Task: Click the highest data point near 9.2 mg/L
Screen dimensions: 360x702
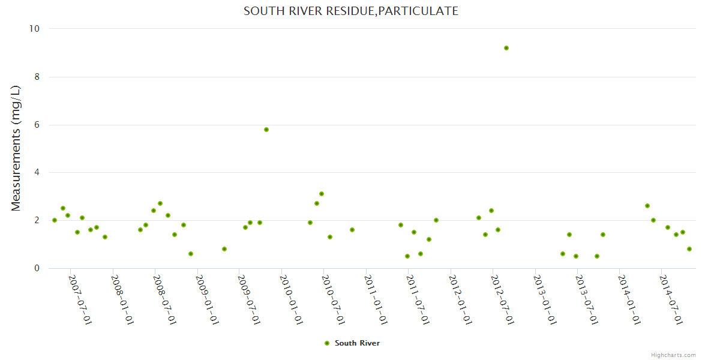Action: pyautogui.click(x=506, y=48)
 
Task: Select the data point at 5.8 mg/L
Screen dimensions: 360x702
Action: pyautogui.click(x=266, y=130)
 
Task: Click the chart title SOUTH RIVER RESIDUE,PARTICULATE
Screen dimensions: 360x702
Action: pyautogui.click(x=351, y=11)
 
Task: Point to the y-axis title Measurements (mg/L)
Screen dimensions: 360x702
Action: pyautogui.click(x=16, y=148)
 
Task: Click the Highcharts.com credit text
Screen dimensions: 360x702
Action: pyautogui.click(x=673, y=355)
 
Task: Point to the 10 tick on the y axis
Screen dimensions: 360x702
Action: pyautogui.click(x=34, y=29)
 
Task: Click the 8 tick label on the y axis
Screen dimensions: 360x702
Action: pyautogui.click(x=36, y=77)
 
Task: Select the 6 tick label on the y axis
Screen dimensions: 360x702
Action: pyautogui.click(x=36, y=125)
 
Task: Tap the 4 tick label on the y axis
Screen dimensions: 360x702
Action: pyautogui.click(x=36, y=173)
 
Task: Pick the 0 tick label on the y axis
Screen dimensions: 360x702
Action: pyautogui.click(x=36, y=268)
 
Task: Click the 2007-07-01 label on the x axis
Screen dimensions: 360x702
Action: pyautogui.click(x=80, y=299)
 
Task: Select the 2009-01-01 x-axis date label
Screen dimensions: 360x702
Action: pyautogui.click(x=206, y=299)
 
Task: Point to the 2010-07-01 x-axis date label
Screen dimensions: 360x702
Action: pyautogui.click(x=333, y=299)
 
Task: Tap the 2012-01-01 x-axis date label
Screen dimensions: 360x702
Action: pyautogui.click(x=460, y=299)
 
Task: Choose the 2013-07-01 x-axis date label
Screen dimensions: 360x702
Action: pyautogui.click(x=586, y=299)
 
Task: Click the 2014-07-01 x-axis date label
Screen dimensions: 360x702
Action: pyautogui.click(x=671, y=299)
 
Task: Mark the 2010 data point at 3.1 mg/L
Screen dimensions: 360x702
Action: pyautogui.click(x=322, y=194)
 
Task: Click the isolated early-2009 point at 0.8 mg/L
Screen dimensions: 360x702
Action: pyautogui.click(x=224, y=249)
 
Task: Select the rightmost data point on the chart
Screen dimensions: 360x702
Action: pyautogui.click(x=689, y=249)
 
